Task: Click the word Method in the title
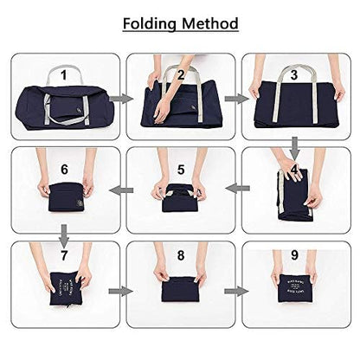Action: point(210,23)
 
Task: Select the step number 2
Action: point(180,74)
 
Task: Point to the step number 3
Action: point(295,74)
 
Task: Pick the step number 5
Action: point(180,170)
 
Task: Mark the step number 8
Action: point(180,256)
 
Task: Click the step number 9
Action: point(295,256)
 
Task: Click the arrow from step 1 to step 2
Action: point(123,100)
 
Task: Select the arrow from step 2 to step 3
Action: point(235,100)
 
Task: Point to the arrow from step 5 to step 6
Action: point(123,191)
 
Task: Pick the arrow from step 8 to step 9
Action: point(235,291)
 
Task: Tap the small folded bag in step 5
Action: point(179,193)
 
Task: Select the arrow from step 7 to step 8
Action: point(123,291)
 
